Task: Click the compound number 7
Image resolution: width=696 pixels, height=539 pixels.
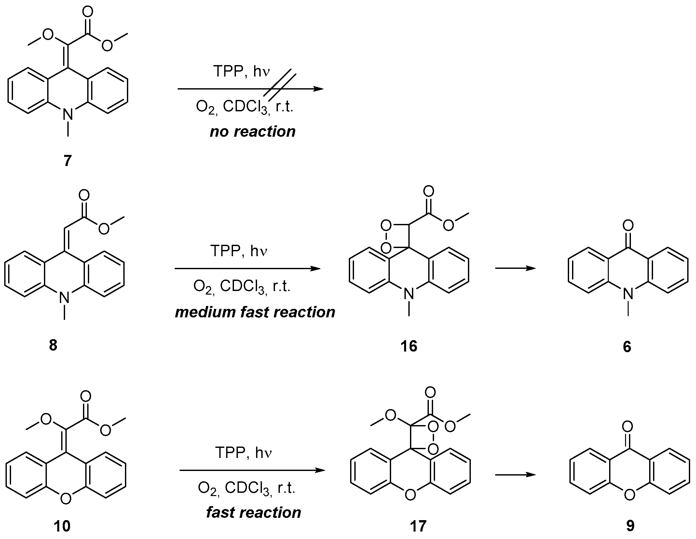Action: coord(67,161)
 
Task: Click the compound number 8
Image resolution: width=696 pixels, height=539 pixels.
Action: coord(53,345)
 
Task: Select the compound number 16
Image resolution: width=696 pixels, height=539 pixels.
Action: coord(409,346)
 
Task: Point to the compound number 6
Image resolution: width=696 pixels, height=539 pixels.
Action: coord(627,347)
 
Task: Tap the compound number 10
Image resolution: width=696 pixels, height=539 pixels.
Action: coord(62,526)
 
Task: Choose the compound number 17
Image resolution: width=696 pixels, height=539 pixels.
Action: coord(418,526)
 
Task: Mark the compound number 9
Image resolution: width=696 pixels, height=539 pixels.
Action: coord(630,526)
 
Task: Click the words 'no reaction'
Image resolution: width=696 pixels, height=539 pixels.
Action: coord(252,132)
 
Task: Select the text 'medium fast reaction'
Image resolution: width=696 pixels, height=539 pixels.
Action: coord(255,312)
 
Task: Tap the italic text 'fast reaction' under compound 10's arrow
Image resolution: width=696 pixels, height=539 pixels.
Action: coord(253,513)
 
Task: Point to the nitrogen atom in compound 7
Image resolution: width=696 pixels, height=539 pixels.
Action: coord(68,114)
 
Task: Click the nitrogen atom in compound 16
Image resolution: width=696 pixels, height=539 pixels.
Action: coord(409,294)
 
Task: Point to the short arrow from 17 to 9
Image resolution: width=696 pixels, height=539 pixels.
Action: coord(515,475)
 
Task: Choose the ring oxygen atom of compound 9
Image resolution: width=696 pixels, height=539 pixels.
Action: coord(630,495)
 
